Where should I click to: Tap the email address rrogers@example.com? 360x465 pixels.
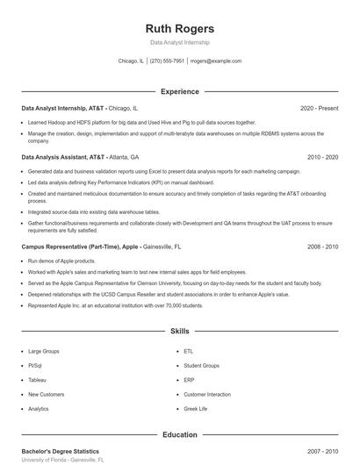[x=215, y=61]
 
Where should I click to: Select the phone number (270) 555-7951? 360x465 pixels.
[x=167, y=61]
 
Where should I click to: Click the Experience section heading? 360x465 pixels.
[x=180, y=91]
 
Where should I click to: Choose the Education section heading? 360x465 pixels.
[x=180, y=434]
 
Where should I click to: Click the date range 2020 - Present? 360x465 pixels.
[x=319, y=108]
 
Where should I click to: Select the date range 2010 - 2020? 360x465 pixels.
[x=322, y=156]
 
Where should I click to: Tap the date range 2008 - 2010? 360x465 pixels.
[x=322, y=247]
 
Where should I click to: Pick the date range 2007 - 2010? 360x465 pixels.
[x=322, y=451]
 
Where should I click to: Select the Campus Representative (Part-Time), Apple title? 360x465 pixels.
[x=80, y=247]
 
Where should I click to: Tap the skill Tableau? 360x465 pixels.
[x=37, y=380]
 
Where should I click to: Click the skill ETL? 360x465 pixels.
[x=189, y=351]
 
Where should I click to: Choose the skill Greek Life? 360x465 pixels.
[x=196, y=409]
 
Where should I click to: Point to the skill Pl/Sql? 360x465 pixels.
[x=35, y=365]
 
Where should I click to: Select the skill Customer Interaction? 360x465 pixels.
[x=206, y=394]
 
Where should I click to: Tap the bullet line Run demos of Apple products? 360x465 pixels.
[x=61, y=261]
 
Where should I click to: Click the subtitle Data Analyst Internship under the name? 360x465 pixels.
[x=180, y=42]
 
